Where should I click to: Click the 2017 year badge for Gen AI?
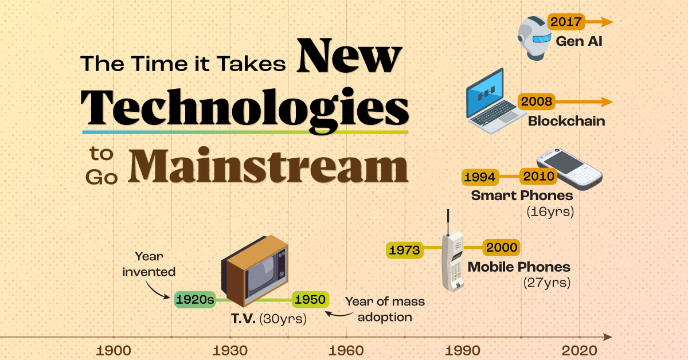pyautogui.click(x=566, y=22)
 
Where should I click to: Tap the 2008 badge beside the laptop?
pyautogui.click(x=536, y=101)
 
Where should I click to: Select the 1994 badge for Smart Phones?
pyautogui.click(x=480, y=177)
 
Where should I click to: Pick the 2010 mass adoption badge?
pyautogui.click(x=538, y=177)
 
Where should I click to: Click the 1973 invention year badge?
pyautogui.click(x=405, y=250)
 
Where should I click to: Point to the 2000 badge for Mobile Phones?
pyautogui.click(x=501, y=247)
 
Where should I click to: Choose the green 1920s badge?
pyautogui.click(x=195, y=299)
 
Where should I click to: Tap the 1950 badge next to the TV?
pyautogui.click(x=310, y=299)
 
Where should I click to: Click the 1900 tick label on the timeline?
pyautogui.click(x=114, y=350)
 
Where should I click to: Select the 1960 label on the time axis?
pyautogui.click(x=346, y=350)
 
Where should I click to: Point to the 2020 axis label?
pyautogui.click(x=579, y=350)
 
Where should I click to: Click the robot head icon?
pyautogui.click(x=534, y=38)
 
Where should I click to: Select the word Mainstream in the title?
pyautogui.click(x=268, y=166)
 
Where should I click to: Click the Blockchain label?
pyautogui.click(x=566, y=121)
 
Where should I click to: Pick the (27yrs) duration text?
pyautogui.click(x=547, y=283)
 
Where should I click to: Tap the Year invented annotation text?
pyautogui.click(x=149, y=264)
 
